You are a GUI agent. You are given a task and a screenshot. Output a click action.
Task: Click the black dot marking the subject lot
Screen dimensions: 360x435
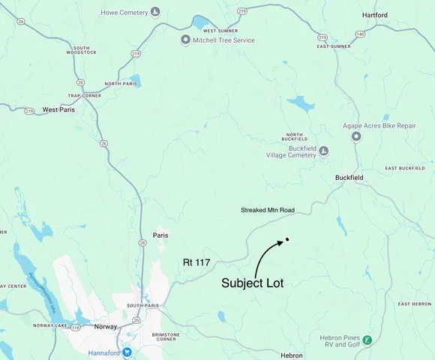[287, 240]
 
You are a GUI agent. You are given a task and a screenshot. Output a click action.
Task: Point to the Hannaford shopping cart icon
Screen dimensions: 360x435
[127, 351]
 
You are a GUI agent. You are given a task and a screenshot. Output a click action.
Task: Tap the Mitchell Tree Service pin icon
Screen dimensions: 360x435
[185, 40]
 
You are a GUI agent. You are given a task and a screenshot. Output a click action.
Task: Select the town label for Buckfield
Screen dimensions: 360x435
[349, 178]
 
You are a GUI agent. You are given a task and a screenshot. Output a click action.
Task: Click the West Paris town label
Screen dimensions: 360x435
[61, 109]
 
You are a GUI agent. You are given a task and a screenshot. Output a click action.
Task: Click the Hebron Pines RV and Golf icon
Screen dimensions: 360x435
[366, 340]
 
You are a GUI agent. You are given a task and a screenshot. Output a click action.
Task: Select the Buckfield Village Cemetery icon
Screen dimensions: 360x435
[324, 151]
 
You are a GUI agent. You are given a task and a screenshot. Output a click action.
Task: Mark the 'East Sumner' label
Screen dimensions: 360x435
[334, 46]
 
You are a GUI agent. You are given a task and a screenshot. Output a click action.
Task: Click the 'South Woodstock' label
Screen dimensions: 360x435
[81, 49]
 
